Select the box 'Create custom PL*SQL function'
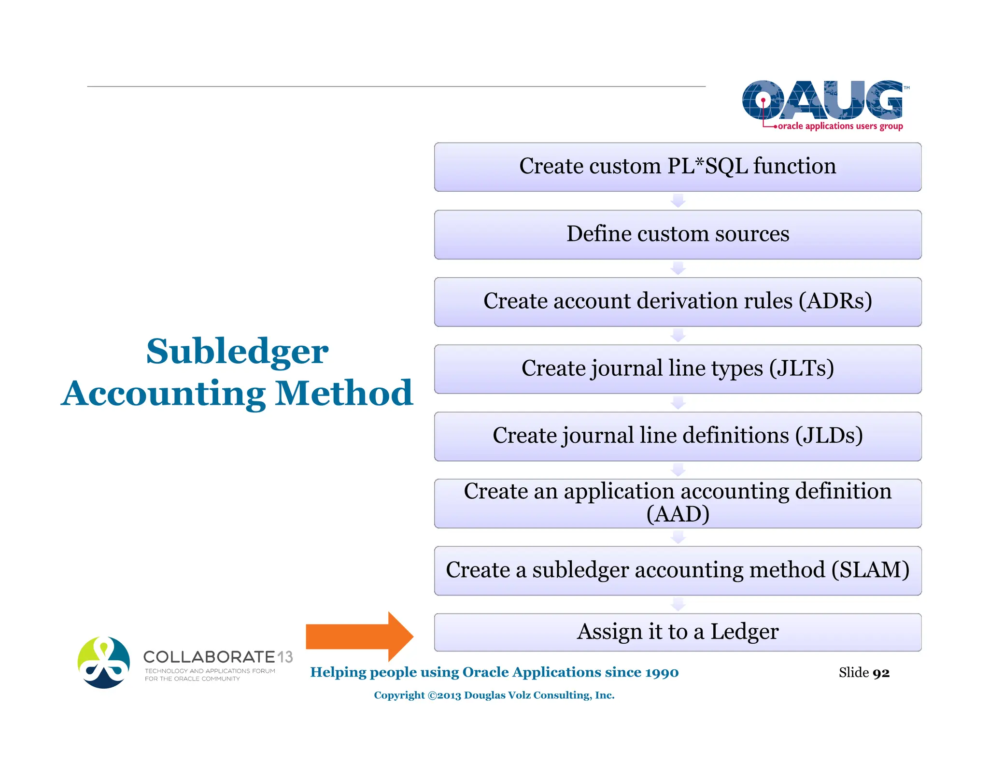pos(678,167)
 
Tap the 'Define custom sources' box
pos(678,234)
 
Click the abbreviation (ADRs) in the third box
pos(835,301)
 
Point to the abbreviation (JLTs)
pos(802,368)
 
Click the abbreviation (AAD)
pos(678,514)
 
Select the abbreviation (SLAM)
pos(870,570)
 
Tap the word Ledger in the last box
pos(744,632)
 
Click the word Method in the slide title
pos(343,393)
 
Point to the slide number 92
pos(881,673)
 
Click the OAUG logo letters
pos(822,100)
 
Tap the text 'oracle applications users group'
pos(840,126)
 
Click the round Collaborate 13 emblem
pos(104,662)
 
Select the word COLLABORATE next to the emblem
pos(209,657)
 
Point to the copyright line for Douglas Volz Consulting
pos(494,695)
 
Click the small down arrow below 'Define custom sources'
pos(678,269)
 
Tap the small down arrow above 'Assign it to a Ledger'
pos(678,604)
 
